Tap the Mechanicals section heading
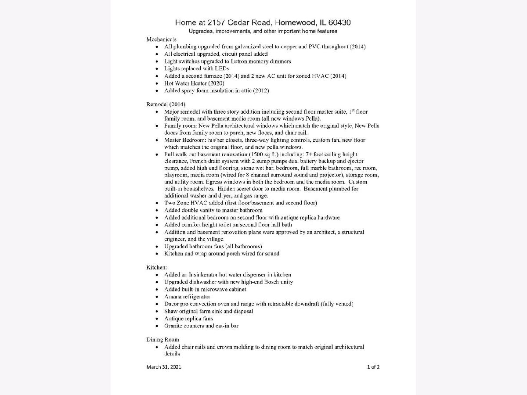[161, 39]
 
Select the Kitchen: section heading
[157, 267]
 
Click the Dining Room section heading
[162, 339]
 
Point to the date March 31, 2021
[163, 367]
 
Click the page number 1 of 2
[373, 367]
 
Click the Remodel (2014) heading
[166, 104]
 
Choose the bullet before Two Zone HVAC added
[157, 203]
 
